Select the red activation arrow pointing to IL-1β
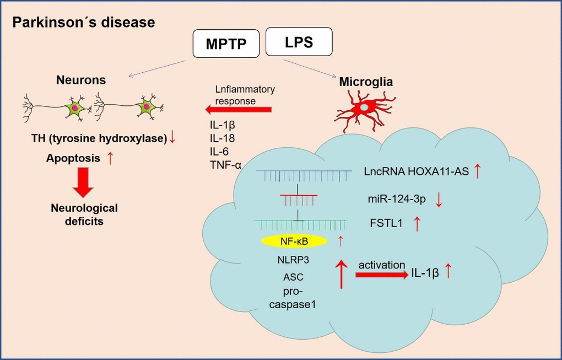[381, 273]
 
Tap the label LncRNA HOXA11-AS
[415, 171]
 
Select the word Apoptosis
[73, 158]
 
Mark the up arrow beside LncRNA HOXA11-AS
[477, 171]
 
